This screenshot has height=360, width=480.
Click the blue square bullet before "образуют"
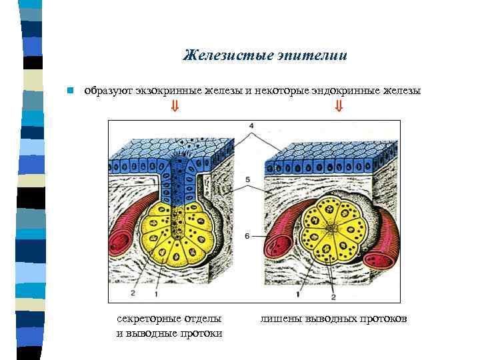pyautogui.click(x=69, y=91)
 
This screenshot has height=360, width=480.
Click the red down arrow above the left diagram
pyautogui.click(x=175, y=106)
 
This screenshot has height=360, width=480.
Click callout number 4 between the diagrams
pyautogui.click(x=251, y=125)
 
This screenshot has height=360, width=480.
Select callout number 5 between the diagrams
pyautogui.click(x=248, y=180)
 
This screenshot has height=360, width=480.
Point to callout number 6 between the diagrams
pyautogui.click(x=248, y=236)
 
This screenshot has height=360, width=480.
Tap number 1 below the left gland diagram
pyautogui.click(x=156, y=293)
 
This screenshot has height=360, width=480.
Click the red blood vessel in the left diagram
pyautogui.click(x=129, y=230)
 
